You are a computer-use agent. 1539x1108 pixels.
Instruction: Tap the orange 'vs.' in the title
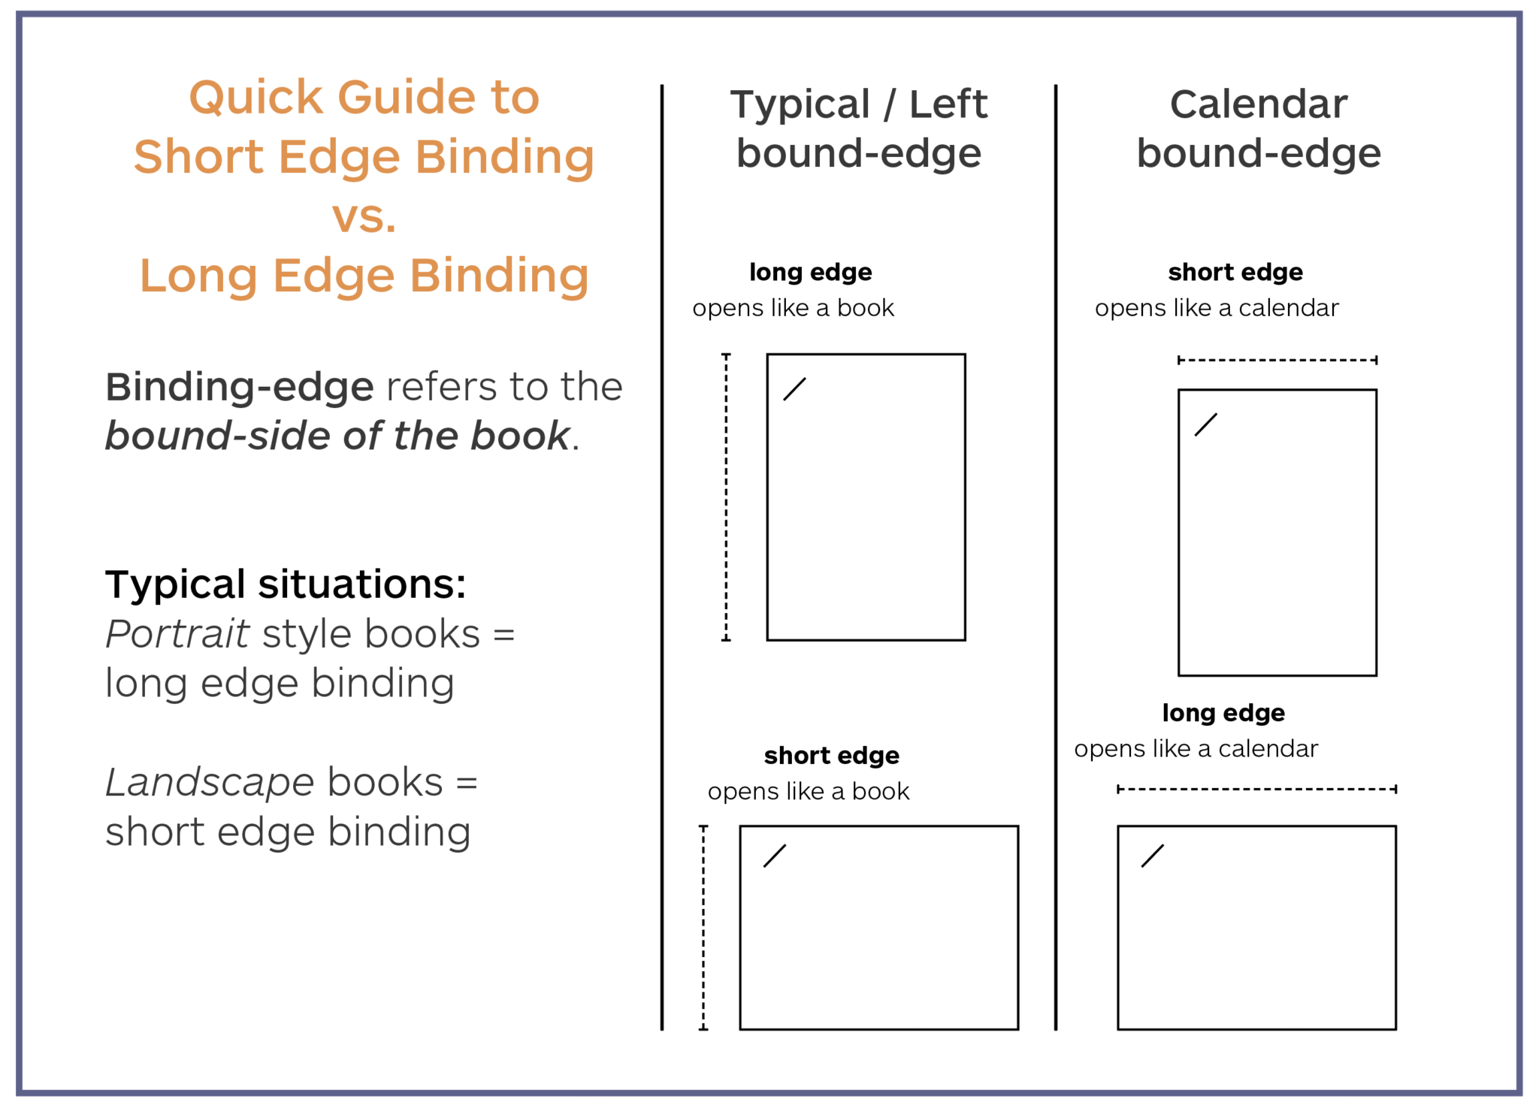pyautogui.click(x=364, y=216)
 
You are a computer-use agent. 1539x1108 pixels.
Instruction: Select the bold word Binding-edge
pyautogui.click(x=239, y=388)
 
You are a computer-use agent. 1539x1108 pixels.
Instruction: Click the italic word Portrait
pyautogui.click(x=177, y=634)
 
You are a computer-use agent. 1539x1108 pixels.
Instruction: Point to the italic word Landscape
pyautogui.click(x=210, y=783)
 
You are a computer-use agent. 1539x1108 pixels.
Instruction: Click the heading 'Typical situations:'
pyautogui.click(x=286, y=584)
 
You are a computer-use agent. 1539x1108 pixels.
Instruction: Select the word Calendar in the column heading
pyautogui.click(x=1259, y=104)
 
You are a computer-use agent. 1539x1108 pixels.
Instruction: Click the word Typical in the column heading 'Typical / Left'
pyautogui.click(x=800, y=104)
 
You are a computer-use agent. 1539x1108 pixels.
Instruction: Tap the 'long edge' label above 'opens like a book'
pyautogui.click(x=811, y=272)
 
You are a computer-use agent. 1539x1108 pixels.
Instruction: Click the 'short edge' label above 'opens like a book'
pyautogui.click(x=831, y=756)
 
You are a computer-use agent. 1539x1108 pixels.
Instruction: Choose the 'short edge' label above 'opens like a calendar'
pyautogui.click(x=1235, y=272)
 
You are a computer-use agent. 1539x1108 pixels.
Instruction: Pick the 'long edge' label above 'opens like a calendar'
pyautogui.click(x=1223, y=713)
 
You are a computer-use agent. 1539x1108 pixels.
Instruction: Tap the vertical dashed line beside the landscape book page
pyautogui.click(x=703, y=928)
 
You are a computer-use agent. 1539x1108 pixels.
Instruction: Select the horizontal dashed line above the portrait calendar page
pyautogui.click(x=1277, y=361)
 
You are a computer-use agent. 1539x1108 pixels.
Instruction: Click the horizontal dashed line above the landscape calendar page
pyautogui.click(x=1256, y=789)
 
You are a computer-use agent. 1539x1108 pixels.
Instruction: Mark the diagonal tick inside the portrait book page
pyautogui.click(x=794, y=389)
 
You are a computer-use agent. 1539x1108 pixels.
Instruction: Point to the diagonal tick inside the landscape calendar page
pyautogui.click(x=1152, y=856)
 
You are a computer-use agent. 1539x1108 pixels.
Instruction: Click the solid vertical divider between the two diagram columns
pyautogui.click(x=1056, y=556)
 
